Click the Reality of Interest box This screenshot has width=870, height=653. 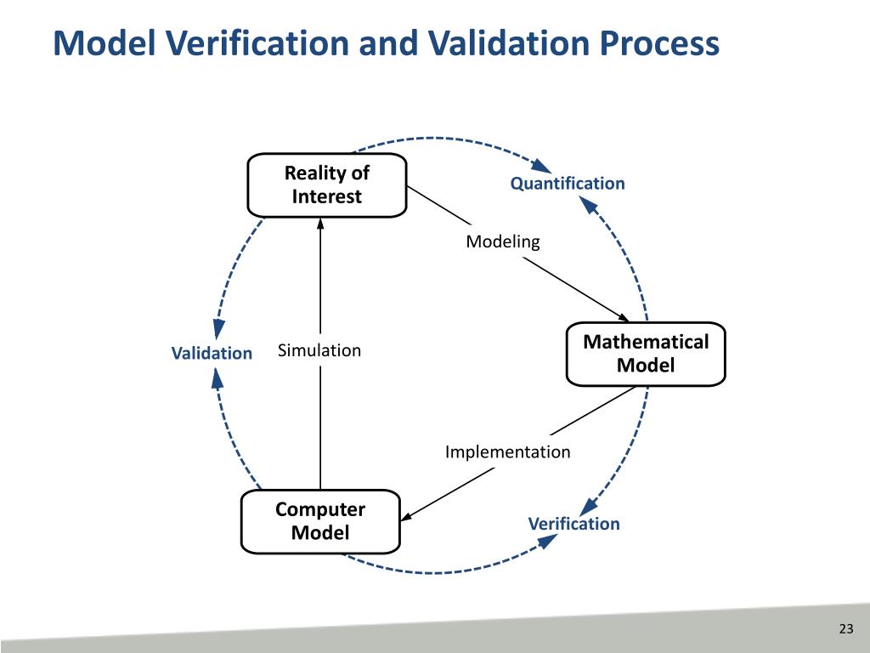(326, 185)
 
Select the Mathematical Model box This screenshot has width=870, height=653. (646, 354)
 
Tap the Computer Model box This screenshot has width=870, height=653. (320, 521)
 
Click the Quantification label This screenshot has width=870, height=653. (567, 184)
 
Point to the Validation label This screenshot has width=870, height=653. (212, 353)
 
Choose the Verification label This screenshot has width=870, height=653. (573, 524)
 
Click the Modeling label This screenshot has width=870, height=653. (502, 241)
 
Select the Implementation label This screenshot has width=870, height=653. (507, 451)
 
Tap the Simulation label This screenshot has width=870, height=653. (319, 350)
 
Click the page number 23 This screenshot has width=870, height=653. (845, 629)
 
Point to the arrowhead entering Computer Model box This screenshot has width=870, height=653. (406, 516)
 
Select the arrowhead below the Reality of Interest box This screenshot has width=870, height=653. (321, 224)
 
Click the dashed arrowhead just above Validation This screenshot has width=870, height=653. (218, 330)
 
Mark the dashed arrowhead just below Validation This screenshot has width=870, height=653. (217, 378)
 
